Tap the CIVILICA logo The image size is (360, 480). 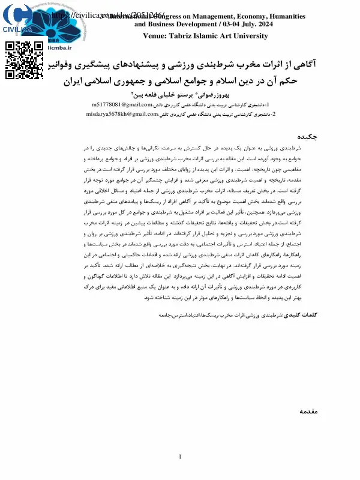pos(16,18)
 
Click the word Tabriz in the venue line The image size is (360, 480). pos(181,36)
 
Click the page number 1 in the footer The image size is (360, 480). pos(180,458)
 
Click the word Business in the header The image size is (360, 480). pos(166,25)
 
